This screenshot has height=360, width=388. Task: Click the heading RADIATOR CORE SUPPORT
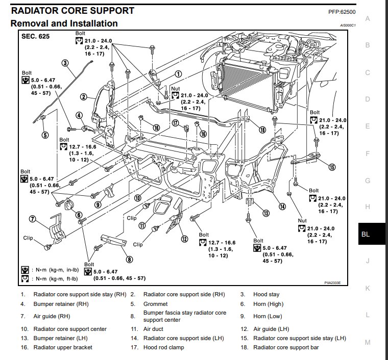click(x=72, y=10)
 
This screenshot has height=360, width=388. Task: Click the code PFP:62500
click(x=342, y=11)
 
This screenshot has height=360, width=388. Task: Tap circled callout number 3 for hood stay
click(x=65, y=64)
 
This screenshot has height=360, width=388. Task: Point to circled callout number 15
click(x=332, y=167)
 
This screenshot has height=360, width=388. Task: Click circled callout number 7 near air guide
click(x=32, y=219)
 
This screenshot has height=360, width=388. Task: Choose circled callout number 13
click(x=265, y=213)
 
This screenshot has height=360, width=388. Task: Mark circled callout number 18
click(x=262, y=130)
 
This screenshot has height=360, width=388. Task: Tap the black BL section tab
click(x=366, y=235)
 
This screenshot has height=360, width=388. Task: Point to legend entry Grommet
click(x=155, y=304)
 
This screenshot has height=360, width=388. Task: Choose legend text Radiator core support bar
click(x=286, y=347)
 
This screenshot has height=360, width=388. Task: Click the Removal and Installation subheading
click(x=64, y=23)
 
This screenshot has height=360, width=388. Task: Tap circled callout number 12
click(x=184, y=238)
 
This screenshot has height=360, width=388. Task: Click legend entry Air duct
click(x=153, y=329)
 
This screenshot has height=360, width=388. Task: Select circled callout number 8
click(x=130, y=259)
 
